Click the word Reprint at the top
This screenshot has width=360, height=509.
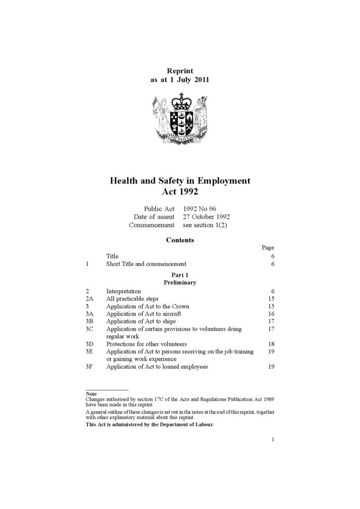point(180,71)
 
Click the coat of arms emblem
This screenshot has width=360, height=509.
point(180,118)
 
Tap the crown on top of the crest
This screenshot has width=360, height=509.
point(180,101)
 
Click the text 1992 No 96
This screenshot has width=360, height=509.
point(199,209)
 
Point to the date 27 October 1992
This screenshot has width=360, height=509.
point(206,217)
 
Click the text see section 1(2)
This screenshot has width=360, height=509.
point(205,225)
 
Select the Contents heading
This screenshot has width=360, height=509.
point(180,240)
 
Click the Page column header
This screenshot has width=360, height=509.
point(268,248)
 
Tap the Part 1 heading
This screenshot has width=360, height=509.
point(180,275)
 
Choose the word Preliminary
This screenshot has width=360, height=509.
point(180,282)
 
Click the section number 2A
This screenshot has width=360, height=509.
point(90,299)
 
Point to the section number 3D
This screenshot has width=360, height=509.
point(90,344)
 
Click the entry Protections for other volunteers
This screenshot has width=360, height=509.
point(146,344)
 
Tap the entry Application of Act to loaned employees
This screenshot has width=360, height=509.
point(157,367)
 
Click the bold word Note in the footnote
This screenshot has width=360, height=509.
point(91,394)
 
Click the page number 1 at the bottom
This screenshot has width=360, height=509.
point(273,439)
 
